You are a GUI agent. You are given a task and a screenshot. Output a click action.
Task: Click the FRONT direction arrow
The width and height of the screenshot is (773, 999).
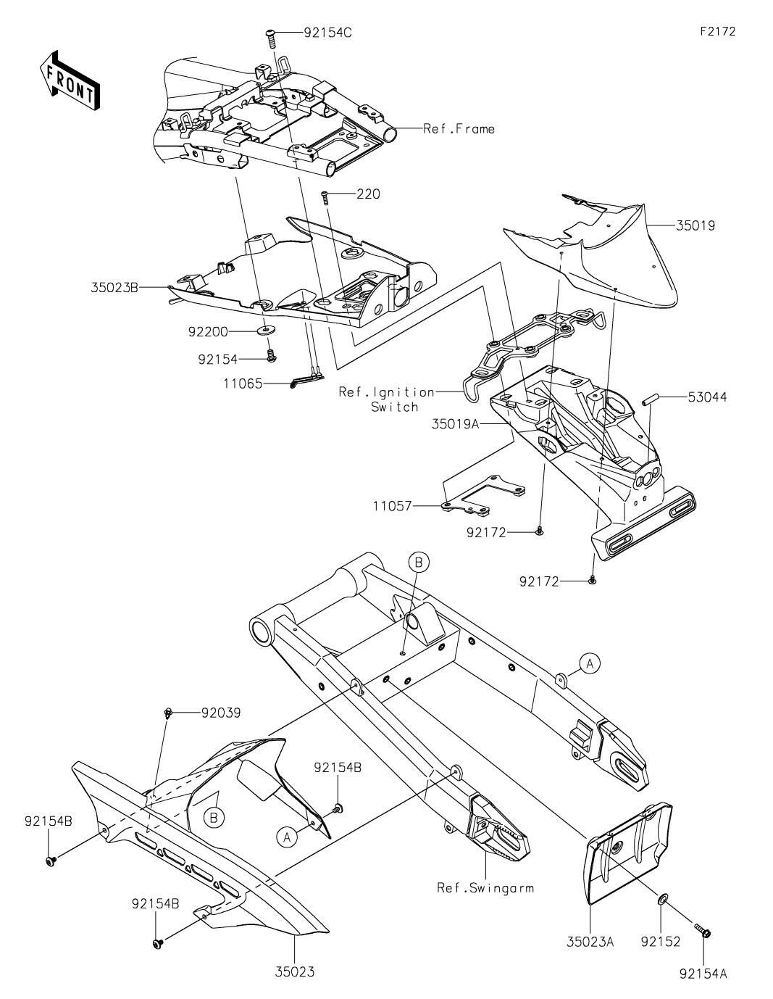[70, 79]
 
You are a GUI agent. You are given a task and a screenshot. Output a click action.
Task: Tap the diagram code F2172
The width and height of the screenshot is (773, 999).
[717, 31]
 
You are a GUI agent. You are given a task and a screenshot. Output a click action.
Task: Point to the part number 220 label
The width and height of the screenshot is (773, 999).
[368, 194]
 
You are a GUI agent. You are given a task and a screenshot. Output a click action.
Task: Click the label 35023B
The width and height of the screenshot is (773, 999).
[114, 287]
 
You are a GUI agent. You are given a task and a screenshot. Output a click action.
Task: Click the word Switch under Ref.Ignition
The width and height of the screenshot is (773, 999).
[394, 407]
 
